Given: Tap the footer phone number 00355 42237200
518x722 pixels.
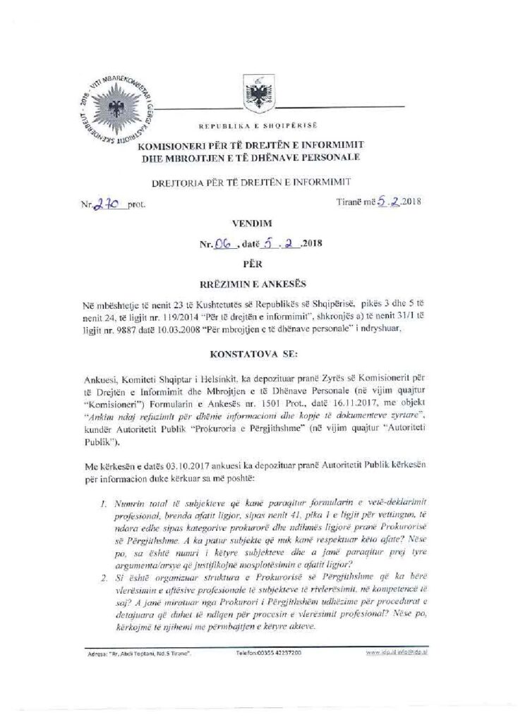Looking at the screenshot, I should [269, 653].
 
